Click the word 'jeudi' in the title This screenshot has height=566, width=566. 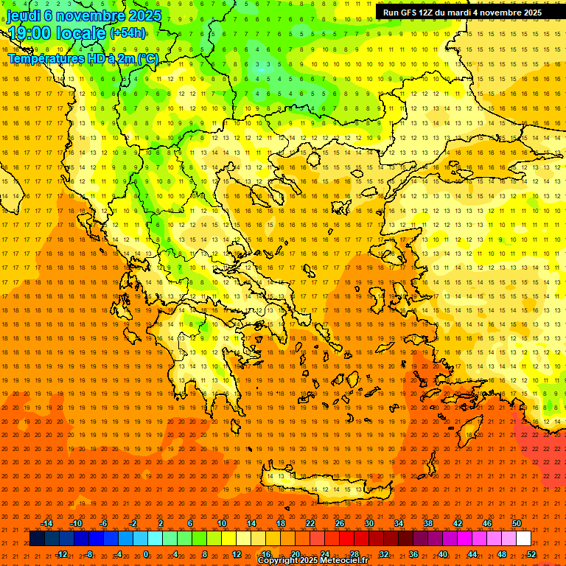[24, 15]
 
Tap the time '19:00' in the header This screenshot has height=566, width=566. [34, 33]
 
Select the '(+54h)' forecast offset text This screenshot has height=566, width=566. [127, 33]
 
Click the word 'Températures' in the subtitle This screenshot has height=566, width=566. [44, 58]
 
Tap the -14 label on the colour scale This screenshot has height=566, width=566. [46, 523]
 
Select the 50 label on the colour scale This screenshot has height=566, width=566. [517, 523]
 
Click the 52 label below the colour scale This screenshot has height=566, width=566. [531, 554]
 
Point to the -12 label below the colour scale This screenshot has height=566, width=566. [61, 554]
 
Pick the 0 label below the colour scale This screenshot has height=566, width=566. [145, 554]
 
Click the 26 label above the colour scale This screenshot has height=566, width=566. [339, 523]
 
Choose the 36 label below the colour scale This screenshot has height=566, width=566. [413, 554]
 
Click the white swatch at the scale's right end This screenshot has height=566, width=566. [524, 539]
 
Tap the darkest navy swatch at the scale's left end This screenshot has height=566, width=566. [37, 539]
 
